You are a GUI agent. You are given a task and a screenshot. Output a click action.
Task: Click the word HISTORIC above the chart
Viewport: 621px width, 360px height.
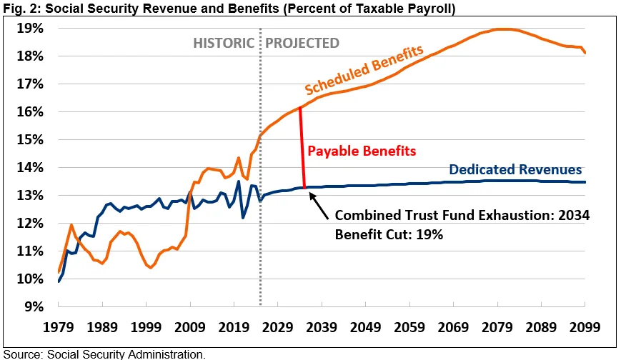223,43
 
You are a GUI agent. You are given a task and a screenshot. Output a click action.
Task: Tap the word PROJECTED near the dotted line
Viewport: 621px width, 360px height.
302,43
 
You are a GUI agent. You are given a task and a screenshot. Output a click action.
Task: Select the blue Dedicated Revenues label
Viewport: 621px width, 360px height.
515,170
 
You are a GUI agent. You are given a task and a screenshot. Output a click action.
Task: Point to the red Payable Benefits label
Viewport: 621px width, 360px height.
361,151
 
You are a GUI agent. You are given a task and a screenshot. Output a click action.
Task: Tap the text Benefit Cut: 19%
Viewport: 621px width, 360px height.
389,234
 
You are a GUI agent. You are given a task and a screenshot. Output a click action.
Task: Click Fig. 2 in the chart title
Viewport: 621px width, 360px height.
16,8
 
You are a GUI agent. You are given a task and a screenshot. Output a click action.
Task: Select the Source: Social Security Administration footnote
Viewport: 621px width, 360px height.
103,354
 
